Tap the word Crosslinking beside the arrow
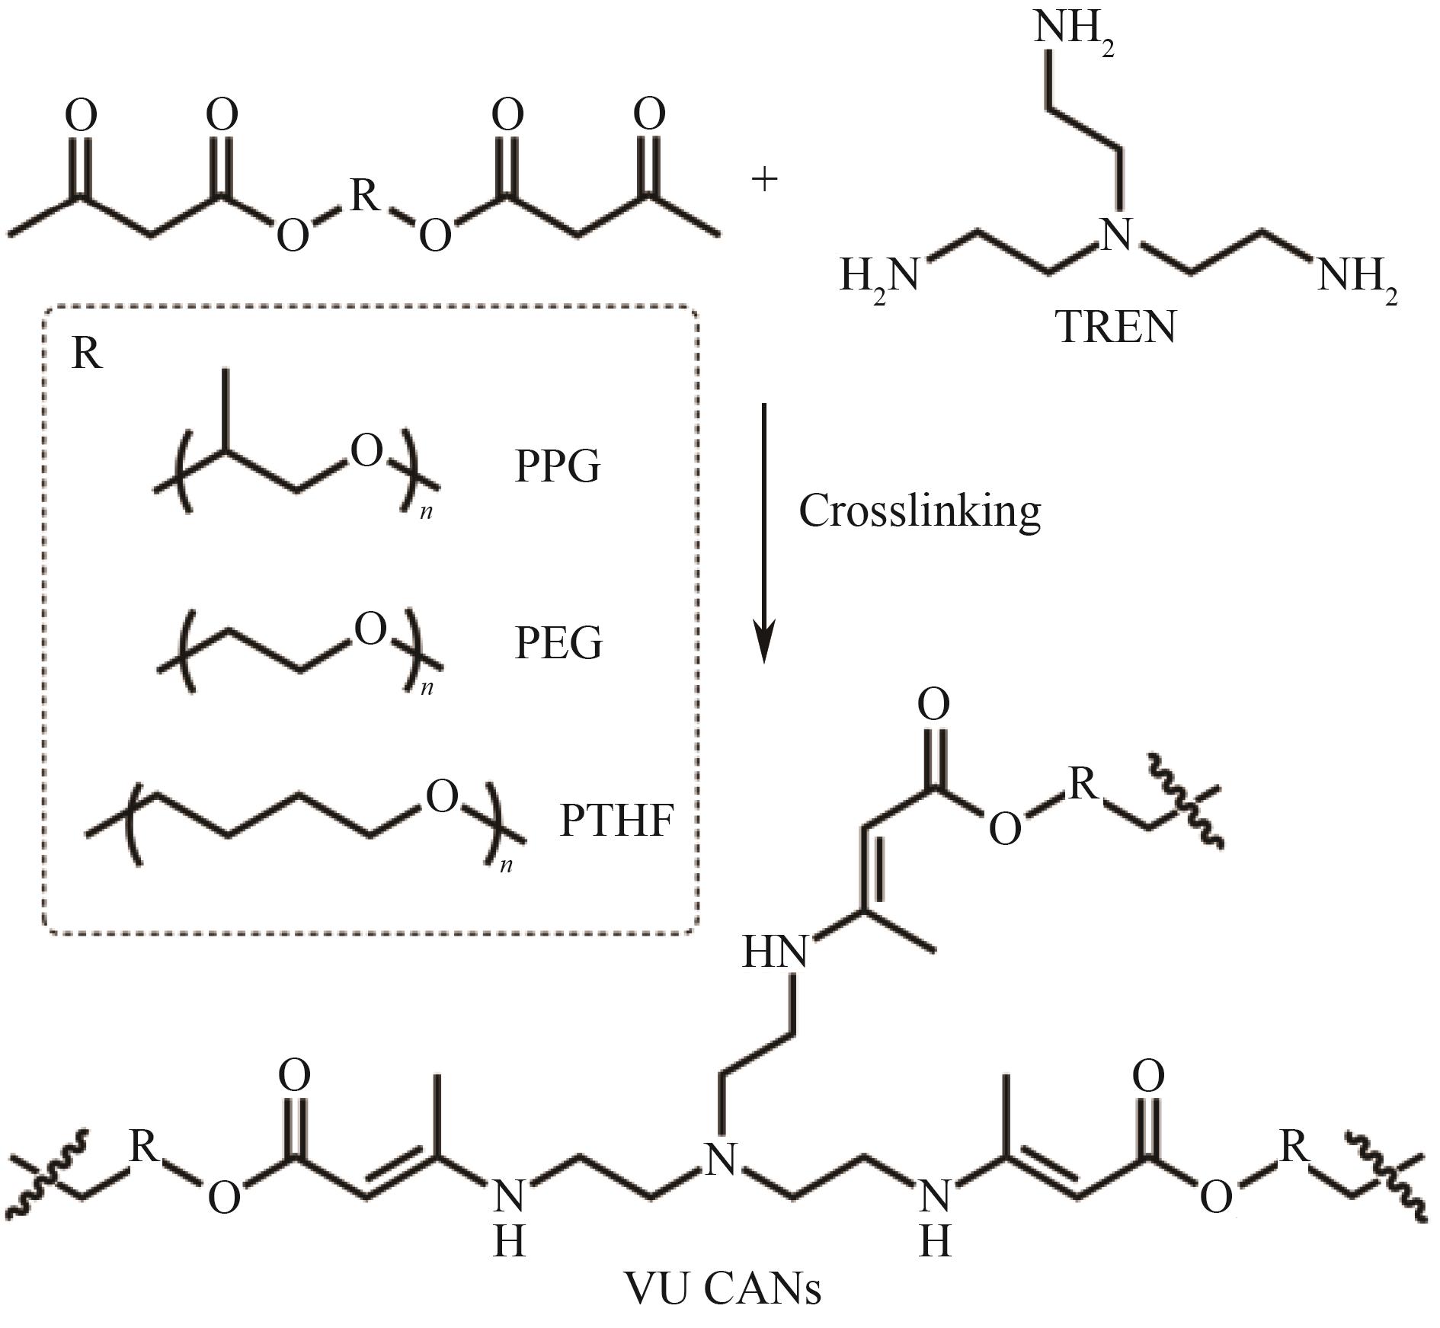click(x=920, y=512)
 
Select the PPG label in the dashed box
click(x=558, y=466)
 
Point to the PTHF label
click(x=616, y=821)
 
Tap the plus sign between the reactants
click(x=764, y=180)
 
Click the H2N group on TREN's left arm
click(x=879, y=276)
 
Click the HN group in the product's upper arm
click(x=774, y=952)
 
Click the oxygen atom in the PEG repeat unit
click(x=370, y=630)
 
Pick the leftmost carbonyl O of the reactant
click(x=81, y=116)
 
